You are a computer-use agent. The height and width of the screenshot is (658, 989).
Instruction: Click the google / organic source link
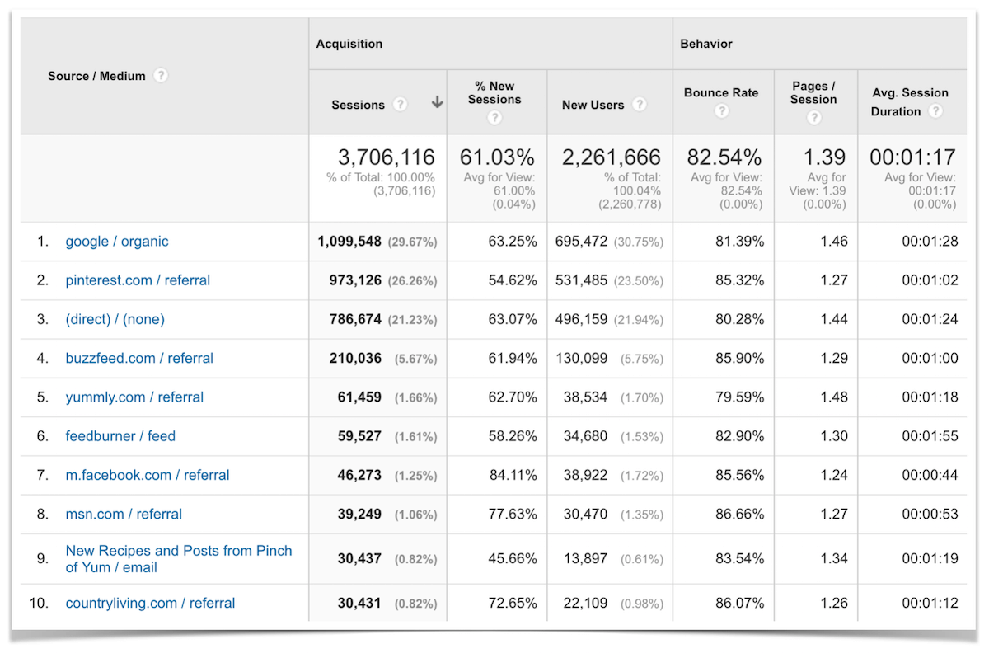tap(117, 242)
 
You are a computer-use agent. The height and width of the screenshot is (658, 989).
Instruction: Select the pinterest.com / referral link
tap(138, 280)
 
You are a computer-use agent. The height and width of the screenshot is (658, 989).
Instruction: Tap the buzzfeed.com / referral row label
tap(139, 359)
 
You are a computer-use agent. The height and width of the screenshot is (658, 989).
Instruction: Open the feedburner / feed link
tap(120, 436)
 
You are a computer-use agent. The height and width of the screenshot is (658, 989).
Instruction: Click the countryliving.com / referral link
tap(150, 604)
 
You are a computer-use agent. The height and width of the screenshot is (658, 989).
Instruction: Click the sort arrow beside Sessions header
tap(437, 103)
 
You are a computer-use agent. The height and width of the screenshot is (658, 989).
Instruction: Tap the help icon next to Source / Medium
tap(161, 75)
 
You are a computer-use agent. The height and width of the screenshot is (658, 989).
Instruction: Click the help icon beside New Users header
tap(640, 105)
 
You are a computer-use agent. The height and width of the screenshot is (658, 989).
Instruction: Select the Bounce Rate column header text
tap(720, 92)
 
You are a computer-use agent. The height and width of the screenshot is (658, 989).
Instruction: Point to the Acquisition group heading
tap(349, 44)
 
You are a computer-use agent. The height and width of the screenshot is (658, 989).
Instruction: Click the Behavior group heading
tap(706, 44)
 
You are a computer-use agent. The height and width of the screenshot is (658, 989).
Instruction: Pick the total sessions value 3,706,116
tap(387, 157)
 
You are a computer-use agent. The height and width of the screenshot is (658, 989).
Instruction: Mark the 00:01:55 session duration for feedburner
tap(929, 436)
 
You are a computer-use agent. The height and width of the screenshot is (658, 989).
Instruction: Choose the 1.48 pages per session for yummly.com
tap(833, 397)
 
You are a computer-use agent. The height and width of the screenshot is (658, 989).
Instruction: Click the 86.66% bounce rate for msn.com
tap(739, 515)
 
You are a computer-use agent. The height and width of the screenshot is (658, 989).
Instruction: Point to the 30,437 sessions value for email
tap(359, 558)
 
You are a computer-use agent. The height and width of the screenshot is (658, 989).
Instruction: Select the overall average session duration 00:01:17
tap(912, 157)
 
